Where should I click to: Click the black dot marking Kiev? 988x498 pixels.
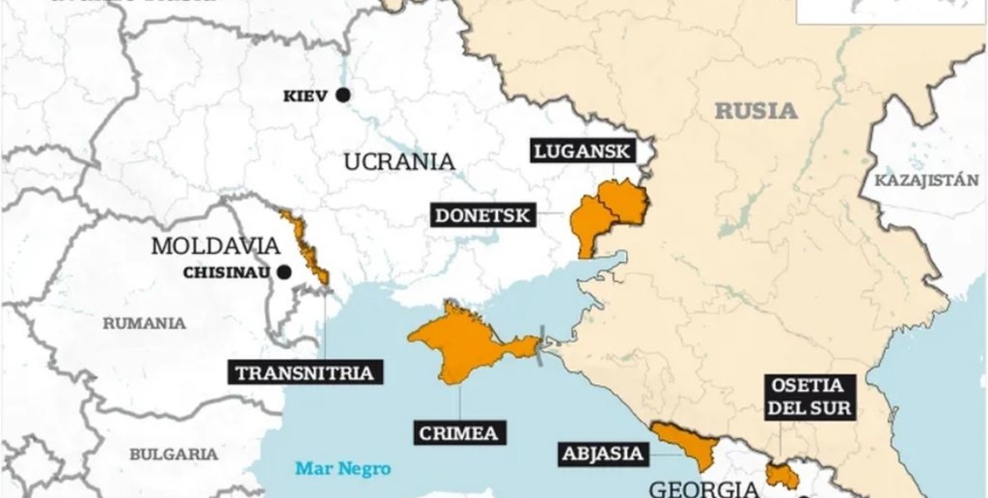coord(343,95)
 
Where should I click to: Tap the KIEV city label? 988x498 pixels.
coord(306,97)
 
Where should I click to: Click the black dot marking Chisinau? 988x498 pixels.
coord(284,272)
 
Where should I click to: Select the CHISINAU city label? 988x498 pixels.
coord(226,273)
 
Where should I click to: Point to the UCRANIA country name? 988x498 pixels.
coord(399,162)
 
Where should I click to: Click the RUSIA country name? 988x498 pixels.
coord(756,111)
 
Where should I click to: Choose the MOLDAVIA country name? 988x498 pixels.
coord(216,246)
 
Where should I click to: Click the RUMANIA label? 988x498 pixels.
coord(144,323)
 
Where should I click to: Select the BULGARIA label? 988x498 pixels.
coord(173,454)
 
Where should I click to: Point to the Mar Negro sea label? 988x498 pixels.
coord(343,468)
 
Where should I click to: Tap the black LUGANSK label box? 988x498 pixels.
coord(582,151)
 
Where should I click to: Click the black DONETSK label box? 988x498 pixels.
coord(482,215)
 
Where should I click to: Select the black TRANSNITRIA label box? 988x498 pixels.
coord(304,373)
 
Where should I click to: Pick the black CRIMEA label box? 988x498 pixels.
coord(459,433)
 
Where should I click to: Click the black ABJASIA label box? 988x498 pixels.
coord(603,454)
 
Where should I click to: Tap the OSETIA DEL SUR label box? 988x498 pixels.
coord(809,397)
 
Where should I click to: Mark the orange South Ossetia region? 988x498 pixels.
coord(782,477)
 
